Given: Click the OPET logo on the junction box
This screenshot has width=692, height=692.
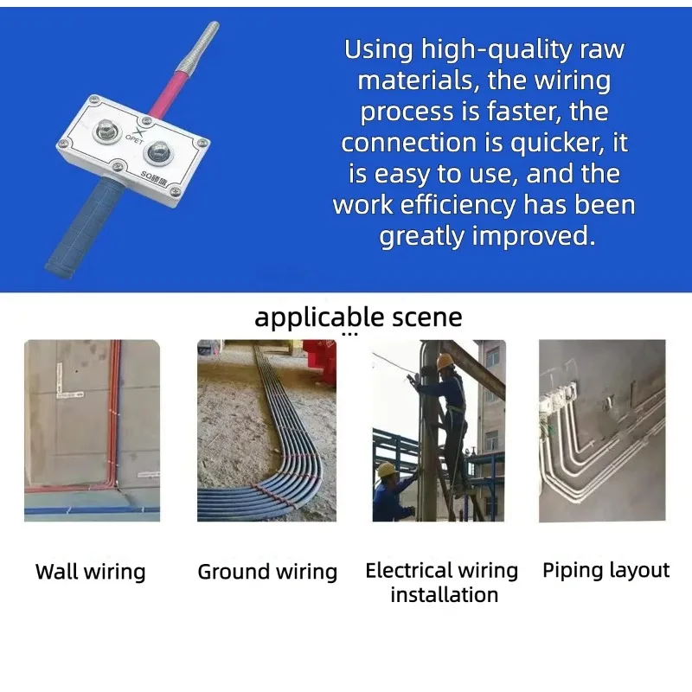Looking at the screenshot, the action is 136,136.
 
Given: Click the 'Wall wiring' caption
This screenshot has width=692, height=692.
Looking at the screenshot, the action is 91,572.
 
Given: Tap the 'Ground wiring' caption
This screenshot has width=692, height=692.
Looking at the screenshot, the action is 267,572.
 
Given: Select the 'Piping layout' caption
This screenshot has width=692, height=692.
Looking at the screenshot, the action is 606,570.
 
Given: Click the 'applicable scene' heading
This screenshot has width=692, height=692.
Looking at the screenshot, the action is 358,317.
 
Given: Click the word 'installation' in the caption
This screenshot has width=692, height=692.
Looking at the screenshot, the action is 445,594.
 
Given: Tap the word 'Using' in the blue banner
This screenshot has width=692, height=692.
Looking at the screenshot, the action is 378,48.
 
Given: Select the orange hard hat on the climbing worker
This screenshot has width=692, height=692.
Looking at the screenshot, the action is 445,361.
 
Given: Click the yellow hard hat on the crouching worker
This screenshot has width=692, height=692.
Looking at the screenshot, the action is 386,469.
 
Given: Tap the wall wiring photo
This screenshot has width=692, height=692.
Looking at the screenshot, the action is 93,430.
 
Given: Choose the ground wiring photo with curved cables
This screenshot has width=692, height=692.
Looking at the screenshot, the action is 266,430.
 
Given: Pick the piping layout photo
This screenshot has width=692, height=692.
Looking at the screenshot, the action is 602,430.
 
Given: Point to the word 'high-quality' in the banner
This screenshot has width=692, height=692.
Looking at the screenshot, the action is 496,49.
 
